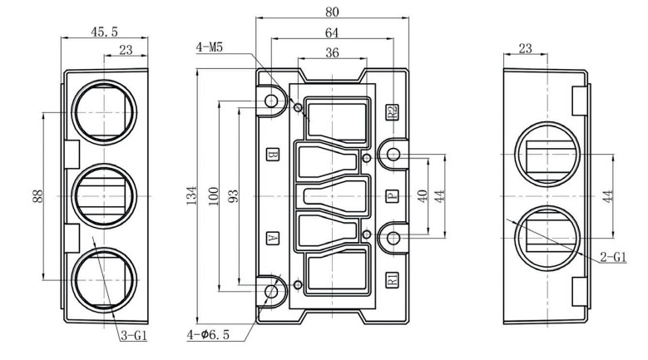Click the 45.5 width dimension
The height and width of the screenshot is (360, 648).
(104, 32)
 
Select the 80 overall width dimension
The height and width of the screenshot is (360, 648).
(332, 12)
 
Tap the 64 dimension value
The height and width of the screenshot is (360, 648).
(332, 32)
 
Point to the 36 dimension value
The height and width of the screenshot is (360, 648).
(332, 53)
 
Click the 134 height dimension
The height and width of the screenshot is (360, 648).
(191, 195)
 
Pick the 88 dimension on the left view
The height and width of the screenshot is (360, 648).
(37, 195)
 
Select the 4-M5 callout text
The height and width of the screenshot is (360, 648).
(209, 47)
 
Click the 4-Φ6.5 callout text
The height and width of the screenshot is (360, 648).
(208, 334)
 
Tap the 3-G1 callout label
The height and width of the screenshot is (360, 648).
(134, 336)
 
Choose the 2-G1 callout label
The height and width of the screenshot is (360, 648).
(613, 258)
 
